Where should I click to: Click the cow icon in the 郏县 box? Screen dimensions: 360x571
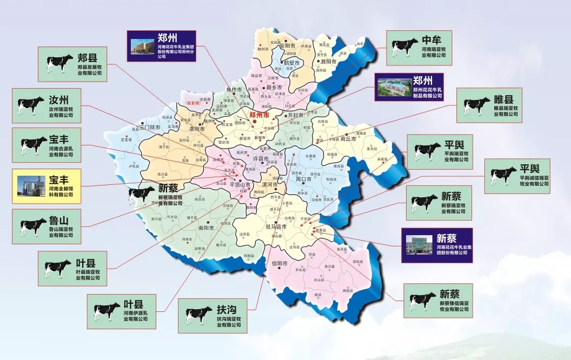coord(59,63)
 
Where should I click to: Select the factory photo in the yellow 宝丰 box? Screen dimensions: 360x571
coord(31,186)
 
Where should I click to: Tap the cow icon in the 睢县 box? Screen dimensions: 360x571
coord(476,106)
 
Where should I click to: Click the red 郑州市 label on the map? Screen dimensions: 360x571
coord(262,115)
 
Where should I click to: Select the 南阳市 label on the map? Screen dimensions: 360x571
coord(207,228)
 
